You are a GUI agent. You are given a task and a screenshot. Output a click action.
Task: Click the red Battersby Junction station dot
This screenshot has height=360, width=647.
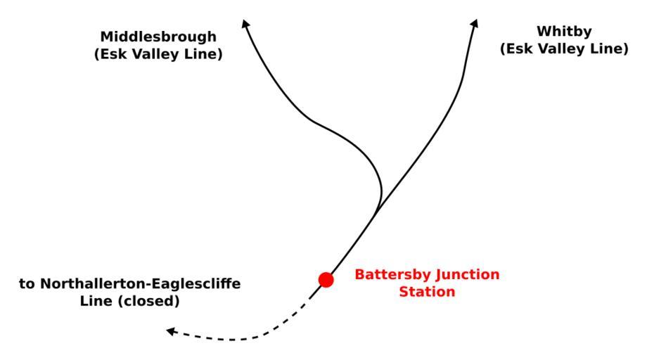pos(326,280)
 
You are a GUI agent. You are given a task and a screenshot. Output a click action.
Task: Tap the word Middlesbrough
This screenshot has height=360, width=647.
pos(158,37)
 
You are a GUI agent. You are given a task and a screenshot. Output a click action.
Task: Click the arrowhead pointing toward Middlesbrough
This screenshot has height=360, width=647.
pos(245,23)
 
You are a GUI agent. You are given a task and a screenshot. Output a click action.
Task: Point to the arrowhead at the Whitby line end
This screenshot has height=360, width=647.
pos(475,23)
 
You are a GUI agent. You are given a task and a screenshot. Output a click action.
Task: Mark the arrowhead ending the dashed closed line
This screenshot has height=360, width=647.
pos(170,330)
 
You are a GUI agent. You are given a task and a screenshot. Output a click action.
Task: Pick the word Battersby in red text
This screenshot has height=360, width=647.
pos(388,274)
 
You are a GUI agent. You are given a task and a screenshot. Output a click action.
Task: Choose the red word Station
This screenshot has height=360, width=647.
pos(427,291)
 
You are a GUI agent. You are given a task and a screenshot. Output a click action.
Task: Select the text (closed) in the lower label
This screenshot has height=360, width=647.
pos(154,301)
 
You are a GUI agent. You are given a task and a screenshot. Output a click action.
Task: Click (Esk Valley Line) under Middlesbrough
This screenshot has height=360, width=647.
pos(158,53)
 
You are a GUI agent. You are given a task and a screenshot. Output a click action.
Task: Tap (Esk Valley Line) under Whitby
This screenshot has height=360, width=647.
pos(563,49)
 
